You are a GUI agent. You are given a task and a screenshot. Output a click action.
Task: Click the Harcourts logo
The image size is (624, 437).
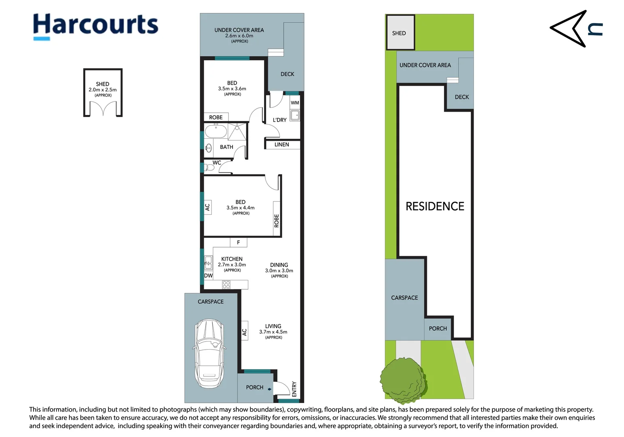click(95, 27)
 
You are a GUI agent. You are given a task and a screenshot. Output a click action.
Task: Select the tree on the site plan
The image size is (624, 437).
click(404, 380)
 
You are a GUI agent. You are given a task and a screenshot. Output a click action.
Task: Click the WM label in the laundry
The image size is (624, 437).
click(295, 103)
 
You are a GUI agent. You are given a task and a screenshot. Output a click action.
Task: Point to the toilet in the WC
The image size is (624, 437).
click(209, 168)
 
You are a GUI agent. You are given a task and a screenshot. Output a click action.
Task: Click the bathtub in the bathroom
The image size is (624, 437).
click(216, 131)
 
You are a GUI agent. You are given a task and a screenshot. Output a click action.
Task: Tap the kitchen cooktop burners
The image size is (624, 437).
click(226, 284)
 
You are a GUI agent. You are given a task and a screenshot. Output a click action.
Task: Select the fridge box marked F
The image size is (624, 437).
click(239, 242)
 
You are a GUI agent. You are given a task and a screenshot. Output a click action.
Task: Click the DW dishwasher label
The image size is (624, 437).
click(208, 276)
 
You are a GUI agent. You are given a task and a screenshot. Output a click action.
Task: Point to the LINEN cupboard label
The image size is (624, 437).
click(281, 144)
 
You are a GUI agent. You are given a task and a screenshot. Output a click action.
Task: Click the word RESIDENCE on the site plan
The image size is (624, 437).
click(435, 206)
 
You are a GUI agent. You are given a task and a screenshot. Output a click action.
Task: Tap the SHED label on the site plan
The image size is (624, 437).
click(399, 33)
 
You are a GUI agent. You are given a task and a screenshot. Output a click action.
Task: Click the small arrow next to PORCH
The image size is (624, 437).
click(269, 389)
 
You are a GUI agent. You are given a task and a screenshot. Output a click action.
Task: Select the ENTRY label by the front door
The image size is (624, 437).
click(294, 389)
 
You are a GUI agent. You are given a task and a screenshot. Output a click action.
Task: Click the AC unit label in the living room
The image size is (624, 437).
click(244, 332)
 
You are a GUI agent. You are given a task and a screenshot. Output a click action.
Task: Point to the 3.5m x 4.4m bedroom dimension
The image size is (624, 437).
click(240, 208)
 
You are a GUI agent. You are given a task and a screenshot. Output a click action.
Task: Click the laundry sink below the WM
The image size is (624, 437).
click(295, 115)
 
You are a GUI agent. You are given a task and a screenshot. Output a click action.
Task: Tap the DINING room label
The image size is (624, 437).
click(279, 265)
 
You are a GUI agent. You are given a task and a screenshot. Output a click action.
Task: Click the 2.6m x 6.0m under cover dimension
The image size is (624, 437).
click(239, 36)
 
